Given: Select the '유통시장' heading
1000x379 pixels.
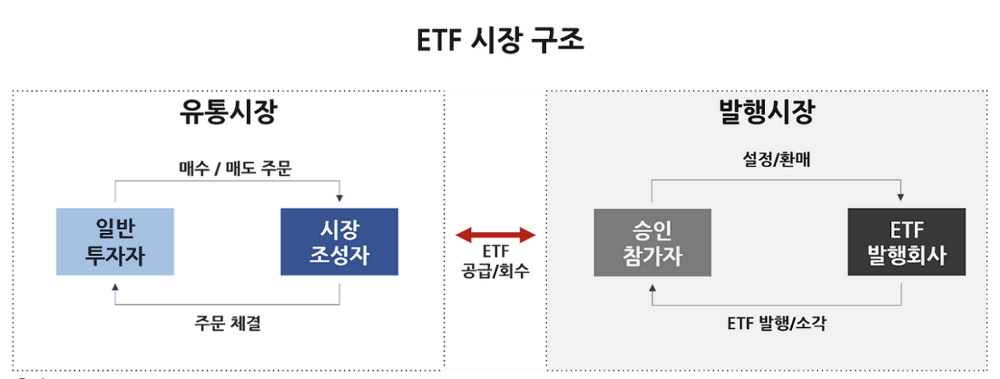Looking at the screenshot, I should coord(227,115).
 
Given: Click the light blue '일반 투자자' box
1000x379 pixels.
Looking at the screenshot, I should coord(115,241).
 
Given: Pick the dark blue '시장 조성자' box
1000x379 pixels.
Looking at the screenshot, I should coord(339,241).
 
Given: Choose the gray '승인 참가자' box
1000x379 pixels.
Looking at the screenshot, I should coord(652,242).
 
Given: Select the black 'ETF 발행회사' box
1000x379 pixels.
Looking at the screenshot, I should coord(906,242).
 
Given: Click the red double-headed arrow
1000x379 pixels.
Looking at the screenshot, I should coord(495,234).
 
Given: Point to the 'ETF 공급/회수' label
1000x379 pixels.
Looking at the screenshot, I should coord(495,263).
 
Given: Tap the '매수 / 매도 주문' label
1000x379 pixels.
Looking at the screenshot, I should coord(235,168).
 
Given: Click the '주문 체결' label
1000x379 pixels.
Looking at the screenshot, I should coord(227,323).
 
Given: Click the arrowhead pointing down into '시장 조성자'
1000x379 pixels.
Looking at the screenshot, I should coord(339,197).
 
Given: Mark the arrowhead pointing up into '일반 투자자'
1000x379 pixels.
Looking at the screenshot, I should coord(116,287).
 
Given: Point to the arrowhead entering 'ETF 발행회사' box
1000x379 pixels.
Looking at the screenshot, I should coord(901,197).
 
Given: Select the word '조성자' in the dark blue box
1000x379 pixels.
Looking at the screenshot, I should coord(339,255).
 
